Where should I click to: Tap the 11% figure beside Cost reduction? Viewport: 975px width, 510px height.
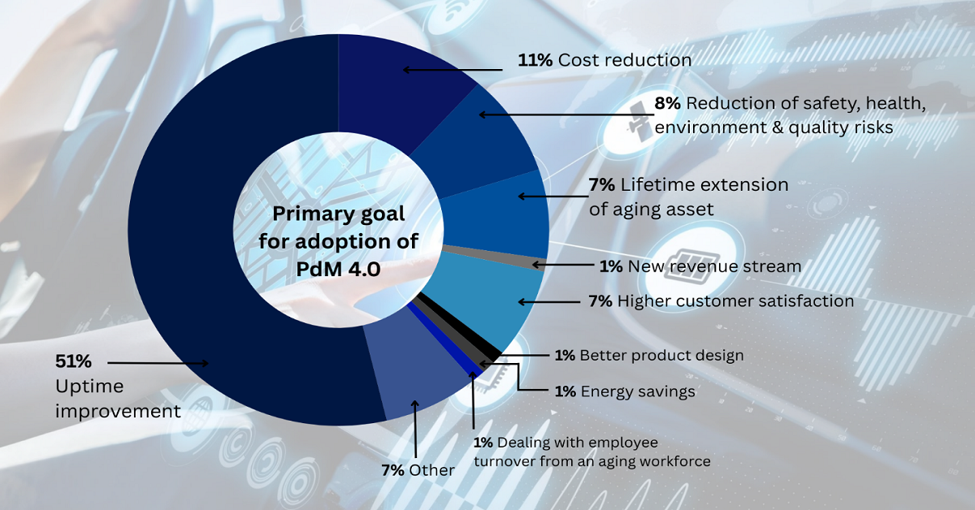[535, 60]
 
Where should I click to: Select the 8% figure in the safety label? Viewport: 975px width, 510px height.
[668, 103]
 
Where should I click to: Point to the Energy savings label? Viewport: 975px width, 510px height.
[638, 391]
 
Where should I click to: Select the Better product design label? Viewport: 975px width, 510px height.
[661, 355]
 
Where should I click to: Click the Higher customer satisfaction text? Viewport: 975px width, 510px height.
[735, 301]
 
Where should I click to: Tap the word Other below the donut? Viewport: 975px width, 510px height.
[431, 470]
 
